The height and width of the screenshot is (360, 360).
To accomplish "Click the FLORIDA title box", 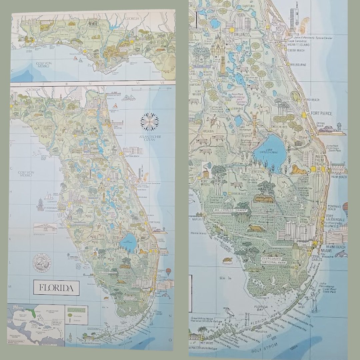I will pos(56,287).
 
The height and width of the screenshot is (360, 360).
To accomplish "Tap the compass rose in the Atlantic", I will pos(149,122).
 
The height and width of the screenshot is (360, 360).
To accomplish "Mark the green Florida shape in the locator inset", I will pos(32,313).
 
